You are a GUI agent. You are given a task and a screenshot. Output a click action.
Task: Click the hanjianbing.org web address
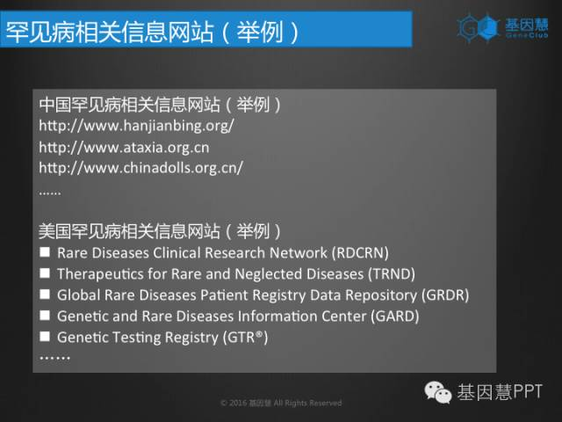click(137, 126)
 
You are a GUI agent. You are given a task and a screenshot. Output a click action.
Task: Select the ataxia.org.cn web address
click(124, 148)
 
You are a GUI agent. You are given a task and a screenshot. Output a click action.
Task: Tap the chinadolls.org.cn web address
click(140, 168)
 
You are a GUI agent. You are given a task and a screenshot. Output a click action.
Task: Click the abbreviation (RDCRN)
click(360, 253)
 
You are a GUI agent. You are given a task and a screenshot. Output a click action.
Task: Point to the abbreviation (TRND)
click(392, 274)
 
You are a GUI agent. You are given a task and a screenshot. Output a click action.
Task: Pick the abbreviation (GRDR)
click(445, 295)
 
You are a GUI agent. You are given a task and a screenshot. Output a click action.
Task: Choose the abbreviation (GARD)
click(394, 316)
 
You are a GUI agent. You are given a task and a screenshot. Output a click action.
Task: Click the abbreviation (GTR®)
click(245, 338)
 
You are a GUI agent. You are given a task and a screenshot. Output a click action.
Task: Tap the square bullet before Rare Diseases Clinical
click(45, 252)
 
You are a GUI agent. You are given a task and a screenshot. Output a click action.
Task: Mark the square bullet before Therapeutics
click(45, 273)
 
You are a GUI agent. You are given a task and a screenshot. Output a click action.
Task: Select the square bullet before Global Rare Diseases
click(45, 295)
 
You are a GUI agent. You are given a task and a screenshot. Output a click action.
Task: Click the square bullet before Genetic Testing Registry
click(45, 337)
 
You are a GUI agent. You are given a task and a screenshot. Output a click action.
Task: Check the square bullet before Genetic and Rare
click(45, 316)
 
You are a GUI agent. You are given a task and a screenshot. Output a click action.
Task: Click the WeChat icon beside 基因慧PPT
click(437, 392)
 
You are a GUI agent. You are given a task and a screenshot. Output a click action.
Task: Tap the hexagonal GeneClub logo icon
click(479, 27)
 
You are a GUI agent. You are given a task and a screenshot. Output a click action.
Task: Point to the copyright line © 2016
click(281, 403)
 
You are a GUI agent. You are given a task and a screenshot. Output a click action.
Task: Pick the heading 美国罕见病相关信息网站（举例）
click(160, 231)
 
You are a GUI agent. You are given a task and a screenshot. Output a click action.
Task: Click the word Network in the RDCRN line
click(299, 253)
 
